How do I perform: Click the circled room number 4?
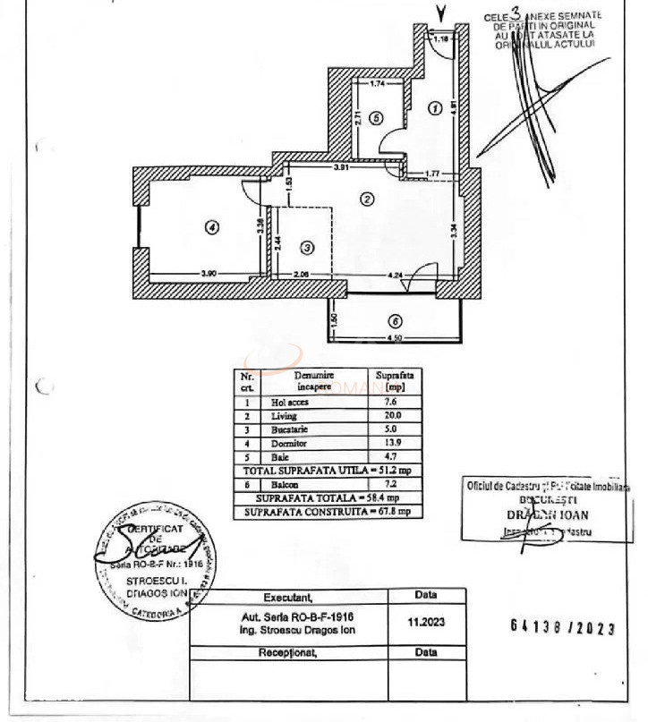(211, 227)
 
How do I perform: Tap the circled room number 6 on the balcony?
(394, 321)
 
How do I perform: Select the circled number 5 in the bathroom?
(377, 117)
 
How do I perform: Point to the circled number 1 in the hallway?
(436, 108)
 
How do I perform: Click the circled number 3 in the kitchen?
(307, 247)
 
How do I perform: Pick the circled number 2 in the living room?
(366, 199)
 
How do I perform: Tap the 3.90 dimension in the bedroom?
(209, 273)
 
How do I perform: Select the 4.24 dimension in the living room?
(396, 273)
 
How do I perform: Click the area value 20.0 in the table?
(390, 415)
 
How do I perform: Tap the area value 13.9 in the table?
(390, 443)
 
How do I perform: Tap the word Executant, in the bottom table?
(287, 597)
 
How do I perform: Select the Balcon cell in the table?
(284, 483)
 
